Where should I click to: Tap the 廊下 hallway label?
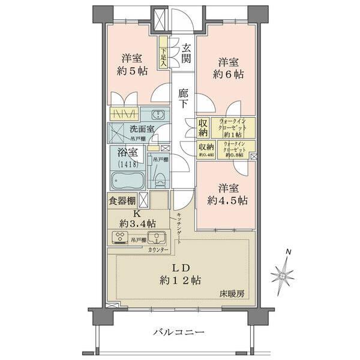(x=184, y=98)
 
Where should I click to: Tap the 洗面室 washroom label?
(x=142, y=129)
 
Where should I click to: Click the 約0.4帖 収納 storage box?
(x=206, y=148)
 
